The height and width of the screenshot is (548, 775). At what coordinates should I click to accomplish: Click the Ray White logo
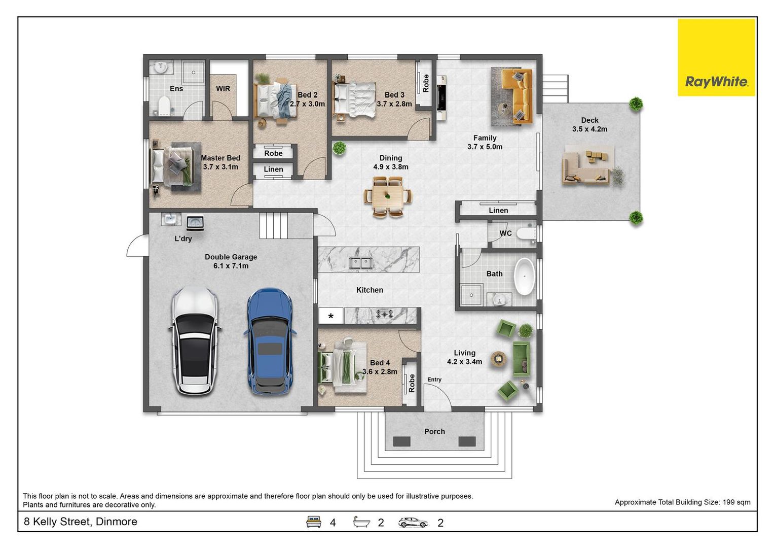pos(716,57)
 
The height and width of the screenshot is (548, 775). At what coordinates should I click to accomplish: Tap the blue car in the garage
pos(270,341)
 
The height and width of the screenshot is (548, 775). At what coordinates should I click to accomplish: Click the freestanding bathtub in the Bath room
pos(525,277)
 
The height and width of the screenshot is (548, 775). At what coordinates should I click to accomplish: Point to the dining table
pos(388,197)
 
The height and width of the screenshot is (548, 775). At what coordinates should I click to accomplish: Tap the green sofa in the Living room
pos(522,359)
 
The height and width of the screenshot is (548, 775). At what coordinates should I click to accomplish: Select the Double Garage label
pos(231,257)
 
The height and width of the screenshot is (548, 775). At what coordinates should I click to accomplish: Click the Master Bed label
pos(220,158)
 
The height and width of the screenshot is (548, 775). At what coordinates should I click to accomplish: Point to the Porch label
pos(434,431)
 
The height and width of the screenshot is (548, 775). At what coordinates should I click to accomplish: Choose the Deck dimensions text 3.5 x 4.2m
pos(589,129)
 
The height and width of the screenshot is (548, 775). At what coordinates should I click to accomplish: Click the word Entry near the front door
pos(434,380)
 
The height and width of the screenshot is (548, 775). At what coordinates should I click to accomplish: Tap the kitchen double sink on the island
pos(360,263)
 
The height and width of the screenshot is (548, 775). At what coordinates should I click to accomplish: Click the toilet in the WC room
pos(526,233)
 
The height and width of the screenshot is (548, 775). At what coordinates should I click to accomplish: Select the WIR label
pos(223,89)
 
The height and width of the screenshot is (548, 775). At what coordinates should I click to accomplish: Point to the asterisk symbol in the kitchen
pos(331,316)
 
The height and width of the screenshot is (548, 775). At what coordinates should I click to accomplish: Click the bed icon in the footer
pos(313,522)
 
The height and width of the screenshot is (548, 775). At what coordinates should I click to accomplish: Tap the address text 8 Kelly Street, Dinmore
pos(80,522)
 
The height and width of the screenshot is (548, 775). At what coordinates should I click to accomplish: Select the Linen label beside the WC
pos(498,210)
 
